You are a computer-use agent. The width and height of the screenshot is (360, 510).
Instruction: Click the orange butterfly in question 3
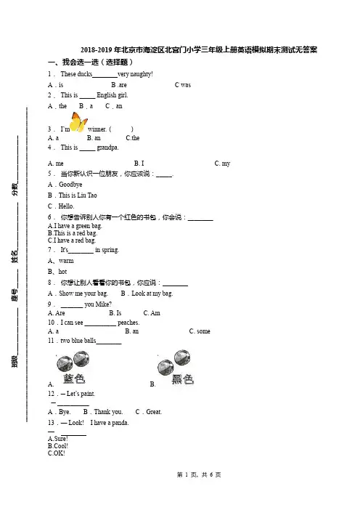78,122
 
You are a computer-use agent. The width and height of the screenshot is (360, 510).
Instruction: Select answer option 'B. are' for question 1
119,85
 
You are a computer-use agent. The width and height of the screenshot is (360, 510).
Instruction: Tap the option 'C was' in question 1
183,85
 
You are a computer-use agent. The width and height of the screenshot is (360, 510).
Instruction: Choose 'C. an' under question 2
114,106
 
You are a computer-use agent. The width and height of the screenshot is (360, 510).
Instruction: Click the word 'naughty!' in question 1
141,75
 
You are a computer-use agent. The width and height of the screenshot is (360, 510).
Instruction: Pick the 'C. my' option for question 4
222,163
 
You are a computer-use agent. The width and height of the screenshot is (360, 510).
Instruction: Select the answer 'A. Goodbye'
65,185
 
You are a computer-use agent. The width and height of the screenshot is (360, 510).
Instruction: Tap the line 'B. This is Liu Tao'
72,195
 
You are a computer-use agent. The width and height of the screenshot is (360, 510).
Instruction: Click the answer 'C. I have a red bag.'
72,240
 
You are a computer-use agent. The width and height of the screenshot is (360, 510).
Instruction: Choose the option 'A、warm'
61,261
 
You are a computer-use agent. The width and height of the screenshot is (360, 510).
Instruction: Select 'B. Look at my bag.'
147,294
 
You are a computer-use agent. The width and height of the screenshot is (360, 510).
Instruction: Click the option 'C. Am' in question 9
152,313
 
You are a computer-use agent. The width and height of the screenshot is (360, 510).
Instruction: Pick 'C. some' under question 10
200,331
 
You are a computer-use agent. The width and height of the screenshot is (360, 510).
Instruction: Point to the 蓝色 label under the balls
74,379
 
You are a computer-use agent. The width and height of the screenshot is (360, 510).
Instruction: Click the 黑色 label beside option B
183,379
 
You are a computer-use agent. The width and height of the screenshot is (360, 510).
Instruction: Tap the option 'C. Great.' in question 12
149,412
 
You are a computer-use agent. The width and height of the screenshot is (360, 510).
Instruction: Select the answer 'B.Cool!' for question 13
58,446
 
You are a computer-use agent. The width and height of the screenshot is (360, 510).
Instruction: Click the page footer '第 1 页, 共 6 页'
199,475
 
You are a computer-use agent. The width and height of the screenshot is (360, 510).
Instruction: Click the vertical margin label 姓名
15,256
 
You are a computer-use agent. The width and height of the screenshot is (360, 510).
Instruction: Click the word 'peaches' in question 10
128,323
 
